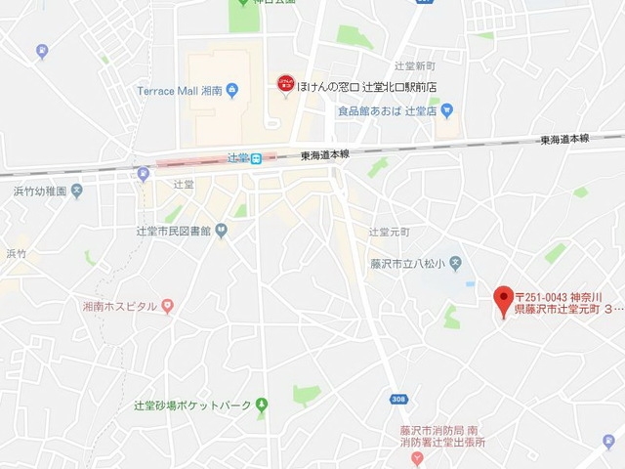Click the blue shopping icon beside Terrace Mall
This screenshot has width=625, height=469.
(231, 92)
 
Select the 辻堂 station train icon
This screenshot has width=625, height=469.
(255, 158)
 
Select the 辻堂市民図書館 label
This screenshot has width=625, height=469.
(174, 232)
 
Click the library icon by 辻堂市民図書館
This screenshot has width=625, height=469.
(222, 232)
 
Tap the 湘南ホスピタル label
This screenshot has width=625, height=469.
(120, 307)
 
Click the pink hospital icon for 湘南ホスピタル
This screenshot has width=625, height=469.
(167, 307)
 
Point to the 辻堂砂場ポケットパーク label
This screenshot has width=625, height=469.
(193, 405)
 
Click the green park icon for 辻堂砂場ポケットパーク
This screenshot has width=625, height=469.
(261, 405)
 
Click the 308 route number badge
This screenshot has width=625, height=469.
(397, 400)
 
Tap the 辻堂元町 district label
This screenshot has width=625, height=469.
(389, 232)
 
